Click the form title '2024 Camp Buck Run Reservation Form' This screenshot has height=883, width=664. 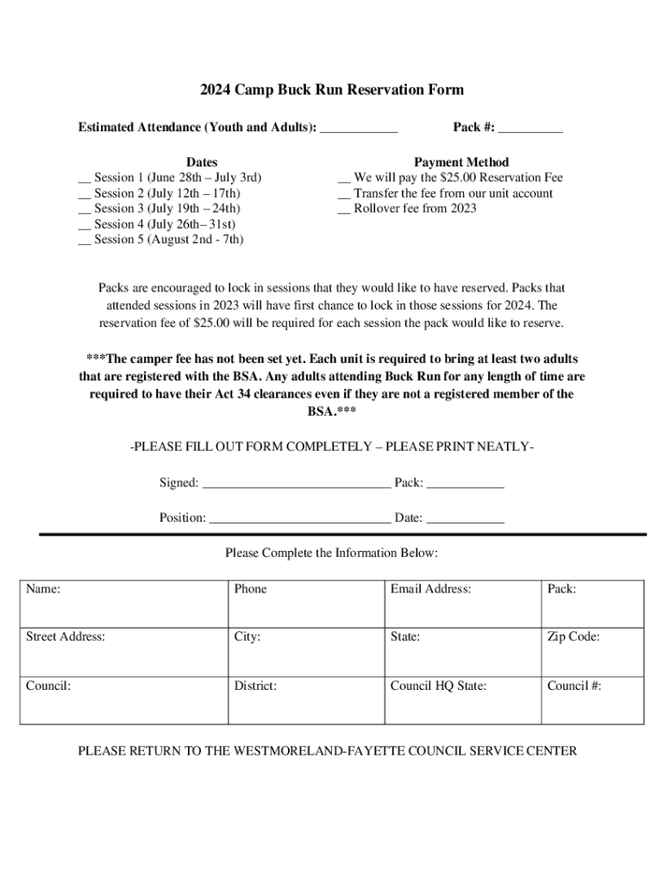tap(332, 90)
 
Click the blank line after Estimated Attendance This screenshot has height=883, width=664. tap(359, 129)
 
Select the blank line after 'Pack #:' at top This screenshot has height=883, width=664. tap(530, 129)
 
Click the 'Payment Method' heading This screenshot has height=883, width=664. tap(461, 162)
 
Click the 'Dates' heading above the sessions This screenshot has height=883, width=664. tap(202, 162)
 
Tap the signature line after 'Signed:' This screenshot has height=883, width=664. tap(296, 485)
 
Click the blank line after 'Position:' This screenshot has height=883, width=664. tap(299, 520)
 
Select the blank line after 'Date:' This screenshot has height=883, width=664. tap(465, 520)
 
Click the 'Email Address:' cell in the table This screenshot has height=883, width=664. tap(460, 604)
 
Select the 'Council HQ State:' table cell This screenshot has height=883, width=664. tap(460, 700)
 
